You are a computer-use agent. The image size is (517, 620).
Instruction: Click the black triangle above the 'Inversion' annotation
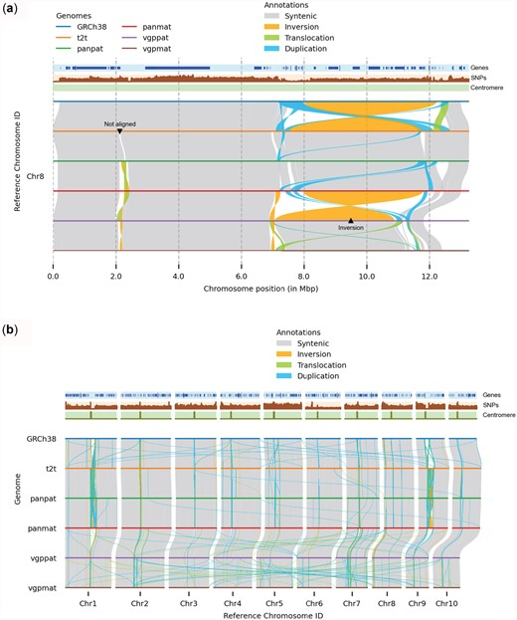point(350,219)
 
